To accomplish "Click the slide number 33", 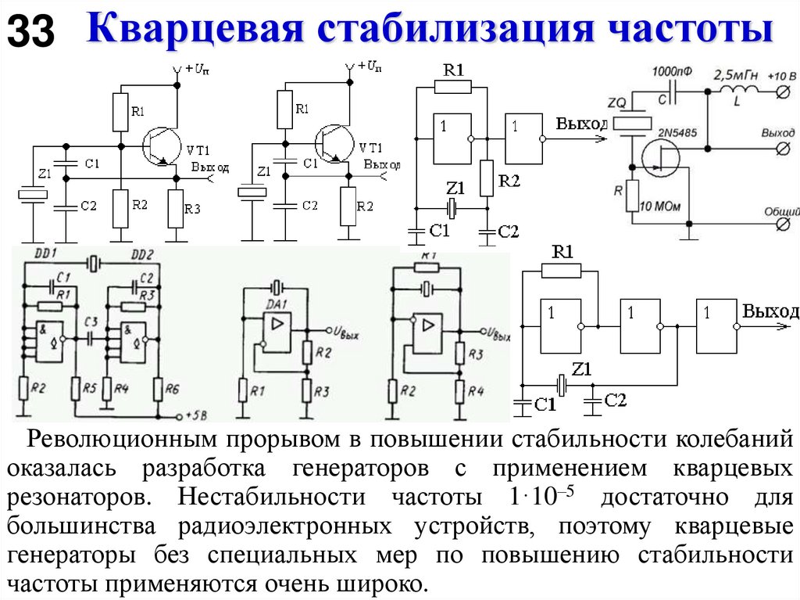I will point(30,32).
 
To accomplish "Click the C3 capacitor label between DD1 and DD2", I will point(91,322).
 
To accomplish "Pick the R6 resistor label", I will point(171,388).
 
